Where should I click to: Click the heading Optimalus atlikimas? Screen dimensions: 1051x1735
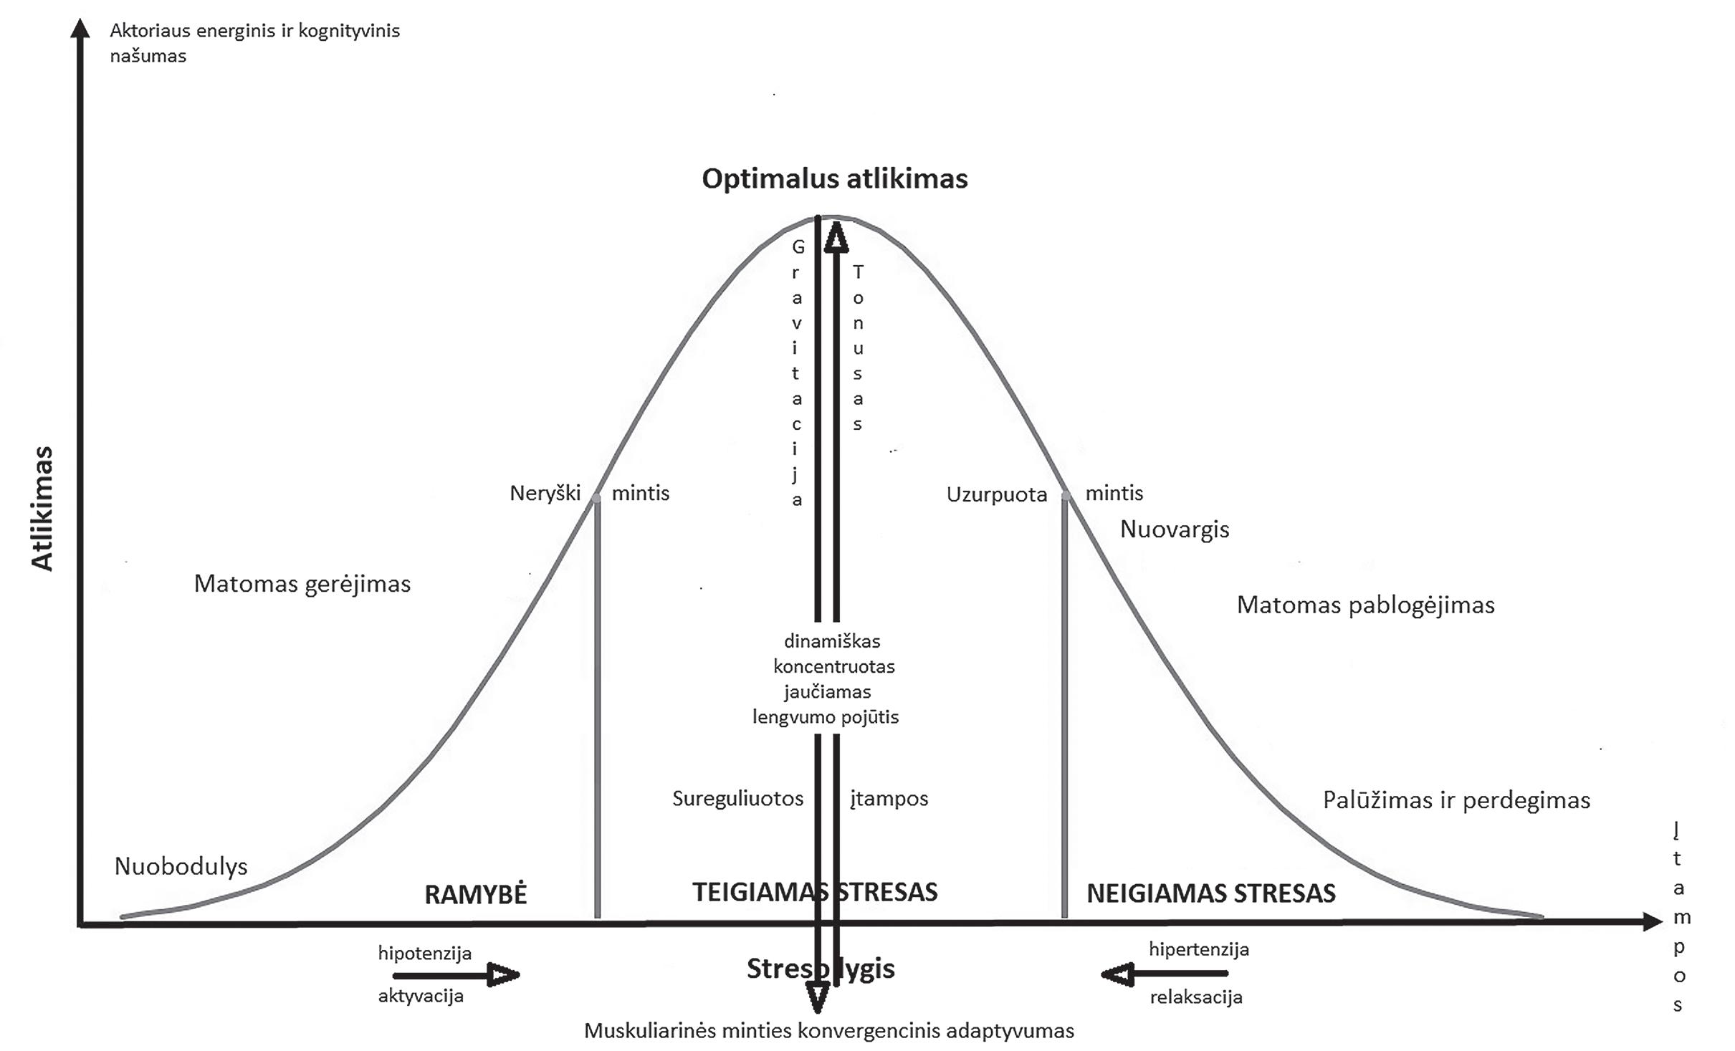click(x=834, y=179)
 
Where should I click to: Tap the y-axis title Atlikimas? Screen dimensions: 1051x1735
click(x=43, y=508)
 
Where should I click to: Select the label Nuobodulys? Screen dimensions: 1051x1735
click(x=181, y=866)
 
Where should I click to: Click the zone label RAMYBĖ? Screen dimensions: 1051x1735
click(x=476, y=894)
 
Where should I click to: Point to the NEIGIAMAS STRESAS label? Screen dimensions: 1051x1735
click(x=1211, y=893)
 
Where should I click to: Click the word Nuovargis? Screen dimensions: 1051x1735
click(x=1174, y=529)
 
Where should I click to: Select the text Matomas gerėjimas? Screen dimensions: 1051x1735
click(x=302, y=584)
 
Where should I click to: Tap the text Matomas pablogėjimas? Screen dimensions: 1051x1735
click(x=1365, y=605)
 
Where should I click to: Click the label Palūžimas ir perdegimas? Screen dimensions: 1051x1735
click(x=1456, y=800)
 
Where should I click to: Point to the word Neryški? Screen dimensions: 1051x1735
click(x=545, y=494)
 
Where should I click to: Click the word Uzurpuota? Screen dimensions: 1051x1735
click(x=996, y=494)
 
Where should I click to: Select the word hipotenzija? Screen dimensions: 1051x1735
click(x=424, y=954)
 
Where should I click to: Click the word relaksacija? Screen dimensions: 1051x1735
click(x=1196, y=997)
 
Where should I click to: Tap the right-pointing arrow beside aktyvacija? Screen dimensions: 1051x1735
click(x=456, y=975)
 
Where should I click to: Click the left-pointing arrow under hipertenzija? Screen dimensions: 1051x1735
click(x=1164, y=974)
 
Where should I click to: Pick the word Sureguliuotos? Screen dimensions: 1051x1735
click(x=737, y=799)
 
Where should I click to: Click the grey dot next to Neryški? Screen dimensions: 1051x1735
click(x=596, y=497)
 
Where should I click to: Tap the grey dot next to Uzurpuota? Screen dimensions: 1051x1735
click(x=1066, y=496)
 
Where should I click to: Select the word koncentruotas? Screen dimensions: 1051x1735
click(x=834, y=667)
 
